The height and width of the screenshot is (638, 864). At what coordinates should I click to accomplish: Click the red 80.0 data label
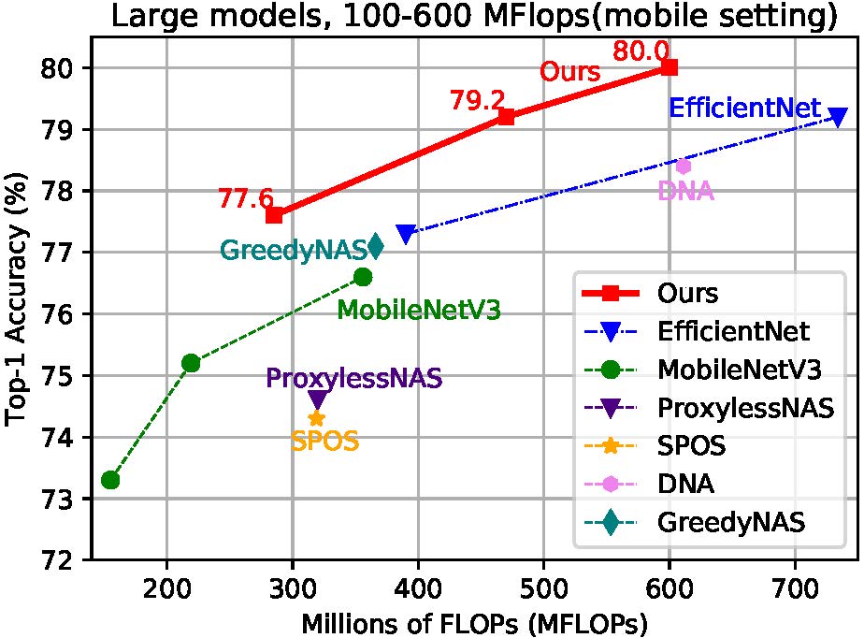click(641, 51)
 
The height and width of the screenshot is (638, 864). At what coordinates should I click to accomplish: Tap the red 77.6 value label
click(245, 199)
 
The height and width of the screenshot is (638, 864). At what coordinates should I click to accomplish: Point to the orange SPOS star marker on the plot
click(317, 418)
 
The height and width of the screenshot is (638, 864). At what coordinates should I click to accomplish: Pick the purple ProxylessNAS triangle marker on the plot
click(317, 400)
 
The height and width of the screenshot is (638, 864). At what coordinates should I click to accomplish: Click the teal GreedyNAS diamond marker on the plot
click(375, 246)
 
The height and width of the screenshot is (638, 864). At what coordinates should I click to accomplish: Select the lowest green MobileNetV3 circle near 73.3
click(110, 480)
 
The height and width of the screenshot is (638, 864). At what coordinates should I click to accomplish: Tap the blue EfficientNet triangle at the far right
click(838, 117)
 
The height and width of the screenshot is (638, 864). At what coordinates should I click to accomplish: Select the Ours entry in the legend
click(687, 293)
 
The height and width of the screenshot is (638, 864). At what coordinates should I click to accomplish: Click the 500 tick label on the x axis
click(543, 588)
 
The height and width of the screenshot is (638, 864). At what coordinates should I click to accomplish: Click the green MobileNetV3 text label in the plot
click(418, 311)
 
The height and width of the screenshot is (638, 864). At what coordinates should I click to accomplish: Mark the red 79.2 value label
click(477, 101)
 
